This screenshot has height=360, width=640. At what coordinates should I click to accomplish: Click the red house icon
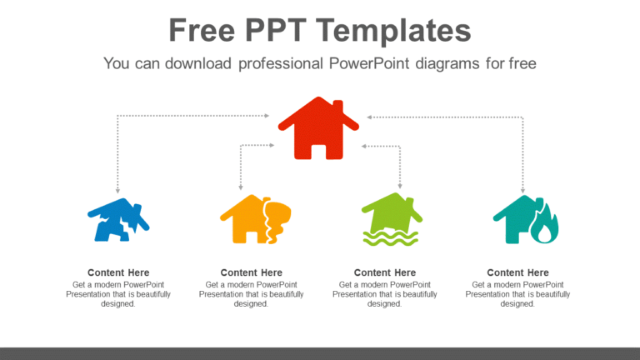click(318, 129)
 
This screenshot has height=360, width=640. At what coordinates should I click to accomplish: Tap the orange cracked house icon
click(250, 221)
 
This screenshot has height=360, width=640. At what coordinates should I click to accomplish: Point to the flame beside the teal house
click(545, 227)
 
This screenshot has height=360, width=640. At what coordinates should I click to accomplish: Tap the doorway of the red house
click(318, 151)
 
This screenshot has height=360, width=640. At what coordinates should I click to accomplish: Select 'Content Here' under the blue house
click(118, 272)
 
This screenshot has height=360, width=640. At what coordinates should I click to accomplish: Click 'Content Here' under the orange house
click(252, 272)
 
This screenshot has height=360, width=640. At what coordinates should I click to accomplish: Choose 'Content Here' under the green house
click(385, 272)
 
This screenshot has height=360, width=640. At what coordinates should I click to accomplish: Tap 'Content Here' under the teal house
click(518, 272)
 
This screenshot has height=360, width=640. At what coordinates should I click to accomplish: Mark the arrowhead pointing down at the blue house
click(117, 192)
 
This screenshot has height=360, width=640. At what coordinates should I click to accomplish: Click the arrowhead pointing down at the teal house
click(523, 192)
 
